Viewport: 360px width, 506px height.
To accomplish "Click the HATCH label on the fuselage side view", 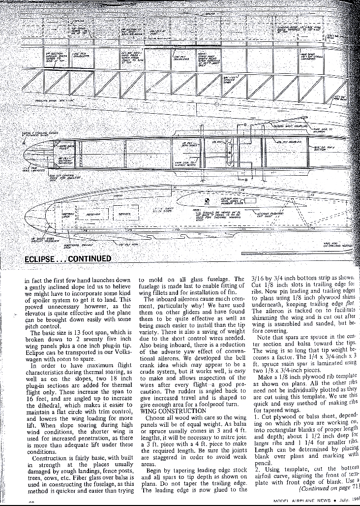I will (119, 195).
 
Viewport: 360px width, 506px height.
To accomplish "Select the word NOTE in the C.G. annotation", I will (196, 209).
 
